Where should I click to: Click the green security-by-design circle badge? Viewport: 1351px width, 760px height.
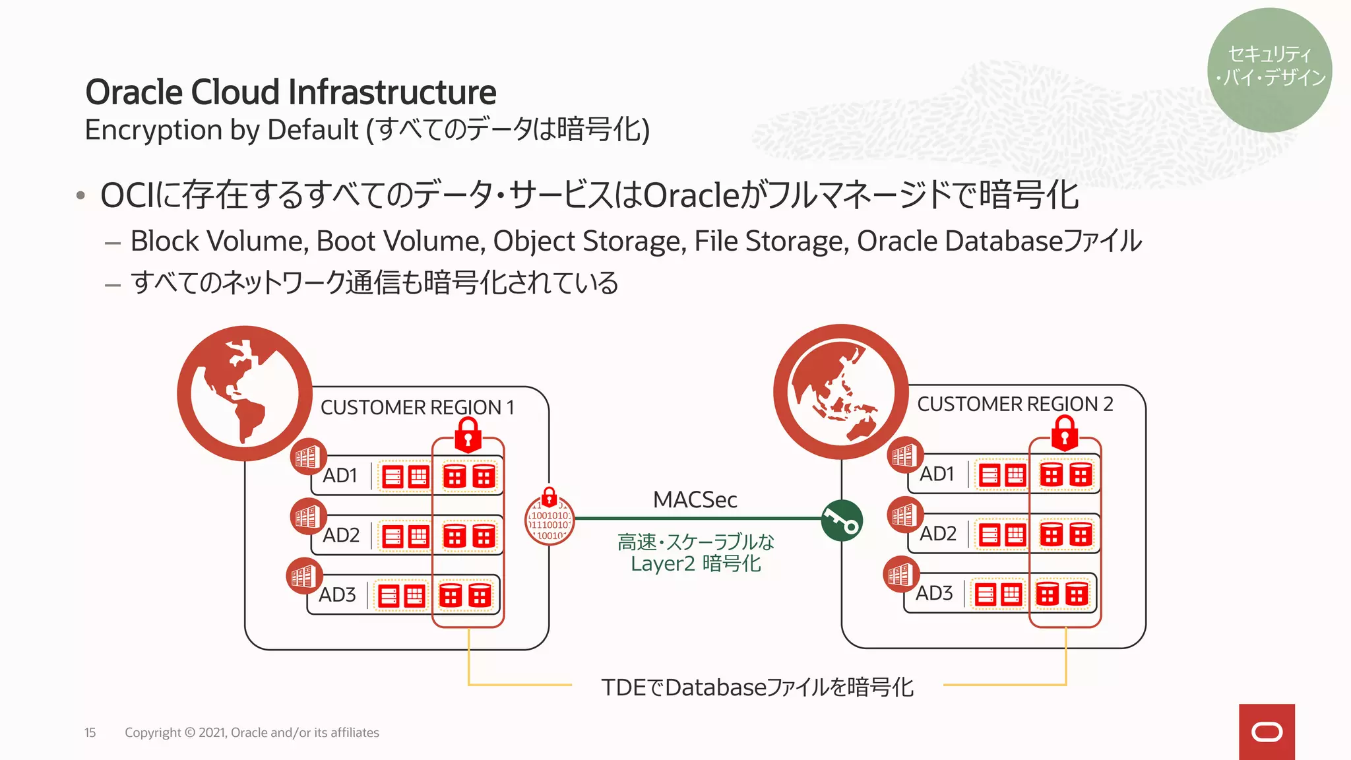1269,69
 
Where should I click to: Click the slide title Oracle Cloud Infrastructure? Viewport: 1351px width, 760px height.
290,92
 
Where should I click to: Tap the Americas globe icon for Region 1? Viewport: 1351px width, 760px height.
245,393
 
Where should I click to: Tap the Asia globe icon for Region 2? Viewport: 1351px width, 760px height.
840,392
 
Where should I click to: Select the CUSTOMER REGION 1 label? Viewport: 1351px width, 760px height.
417,407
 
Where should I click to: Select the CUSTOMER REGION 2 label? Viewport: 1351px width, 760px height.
1015,404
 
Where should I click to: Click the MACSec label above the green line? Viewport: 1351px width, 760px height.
695,499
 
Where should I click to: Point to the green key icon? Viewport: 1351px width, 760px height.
842,521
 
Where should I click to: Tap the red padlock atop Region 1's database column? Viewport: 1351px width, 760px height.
468,433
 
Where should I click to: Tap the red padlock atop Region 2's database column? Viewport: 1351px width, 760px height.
1064,432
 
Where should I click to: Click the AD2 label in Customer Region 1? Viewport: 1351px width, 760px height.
340,535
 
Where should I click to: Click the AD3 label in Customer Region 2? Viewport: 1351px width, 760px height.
933,593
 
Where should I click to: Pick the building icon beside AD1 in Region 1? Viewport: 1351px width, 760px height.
308,457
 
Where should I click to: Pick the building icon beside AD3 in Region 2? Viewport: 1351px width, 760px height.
900,575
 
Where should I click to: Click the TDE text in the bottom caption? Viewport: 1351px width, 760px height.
623,687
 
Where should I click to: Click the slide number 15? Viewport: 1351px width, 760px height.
90,732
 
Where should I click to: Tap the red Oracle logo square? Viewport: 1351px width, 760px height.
1266,732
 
